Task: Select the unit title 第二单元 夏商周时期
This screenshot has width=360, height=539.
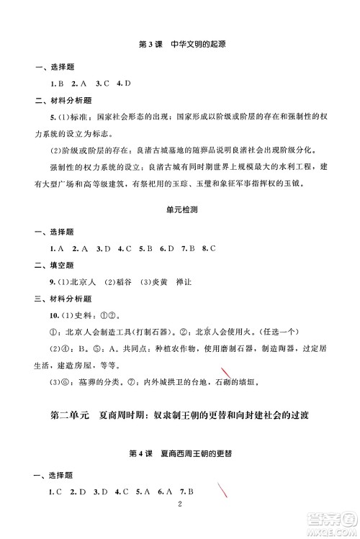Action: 87,416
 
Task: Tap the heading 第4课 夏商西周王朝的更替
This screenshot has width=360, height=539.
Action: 181,455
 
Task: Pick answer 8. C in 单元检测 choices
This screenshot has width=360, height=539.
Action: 209,248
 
